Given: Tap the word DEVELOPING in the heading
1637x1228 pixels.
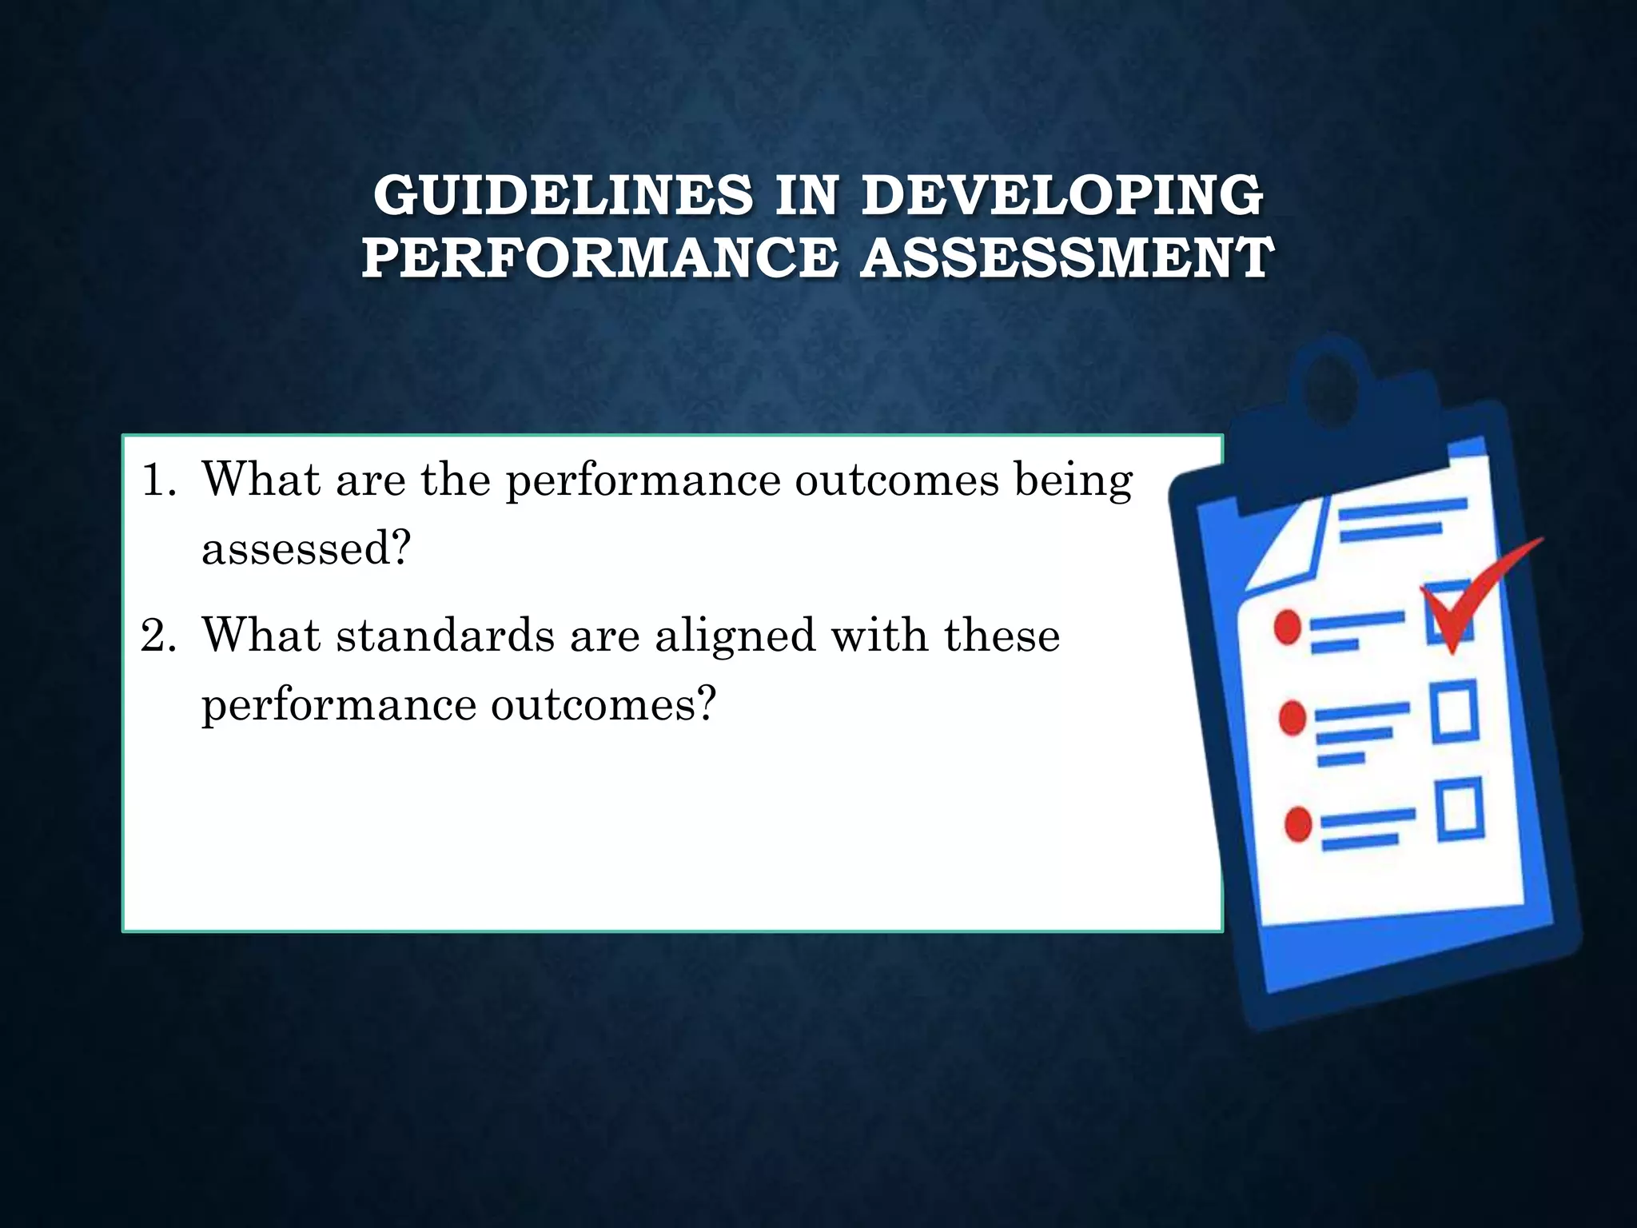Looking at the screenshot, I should coord(1062,195).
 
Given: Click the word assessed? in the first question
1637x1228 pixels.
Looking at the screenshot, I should coord(306,548).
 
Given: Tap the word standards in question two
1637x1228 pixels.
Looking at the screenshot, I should coord(445,636).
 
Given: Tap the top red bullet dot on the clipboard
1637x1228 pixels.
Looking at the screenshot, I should coord(1288,627).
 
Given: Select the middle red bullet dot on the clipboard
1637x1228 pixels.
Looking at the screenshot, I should coord(1292,717).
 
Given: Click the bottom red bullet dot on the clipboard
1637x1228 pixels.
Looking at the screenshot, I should coord(1298,823).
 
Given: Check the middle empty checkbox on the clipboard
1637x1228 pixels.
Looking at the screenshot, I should coord(1453,711).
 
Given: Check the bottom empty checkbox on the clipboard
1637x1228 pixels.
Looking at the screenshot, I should coord(1460,809).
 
